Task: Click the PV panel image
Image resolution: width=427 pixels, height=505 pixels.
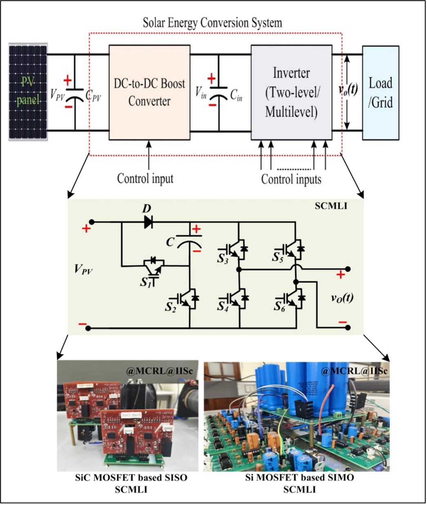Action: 28,92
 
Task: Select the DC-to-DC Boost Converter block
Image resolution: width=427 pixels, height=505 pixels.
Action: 150,92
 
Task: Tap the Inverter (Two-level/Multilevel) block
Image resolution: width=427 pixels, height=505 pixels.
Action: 291,92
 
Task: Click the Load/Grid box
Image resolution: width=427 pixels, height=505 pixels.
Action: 380,92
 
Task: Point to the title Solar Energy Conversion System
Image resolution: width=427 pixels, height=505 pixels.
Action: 212,23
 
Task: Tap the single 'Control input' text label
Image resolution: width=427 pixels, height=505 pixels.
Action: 145,178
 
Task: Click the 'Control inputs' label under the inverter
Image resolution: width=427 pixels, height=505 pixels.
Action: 291,179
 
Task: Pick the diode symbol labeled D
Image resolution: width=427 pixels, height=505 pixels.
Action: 148,222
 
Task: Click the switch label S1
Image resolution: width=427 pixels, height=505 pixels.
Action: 146,282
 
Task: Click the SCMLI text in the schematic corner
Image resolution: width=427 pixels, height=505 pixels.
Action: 331,206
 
